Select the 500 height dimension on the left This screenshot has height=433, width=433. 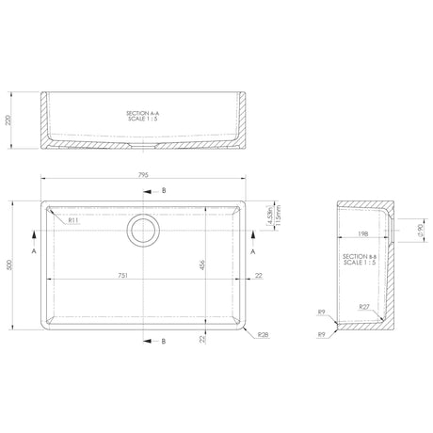pos(11,266)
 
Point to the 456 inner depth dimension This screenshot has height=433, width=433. pos(201,266)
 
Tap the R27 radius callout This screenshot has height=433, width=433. pos(364,306)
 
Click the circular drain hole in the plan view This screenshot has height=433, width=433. pos(143,228)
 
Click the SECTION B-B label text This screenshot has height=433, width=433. pos(361,256)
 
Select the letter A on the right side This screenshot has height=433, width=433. pos(253,252)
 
